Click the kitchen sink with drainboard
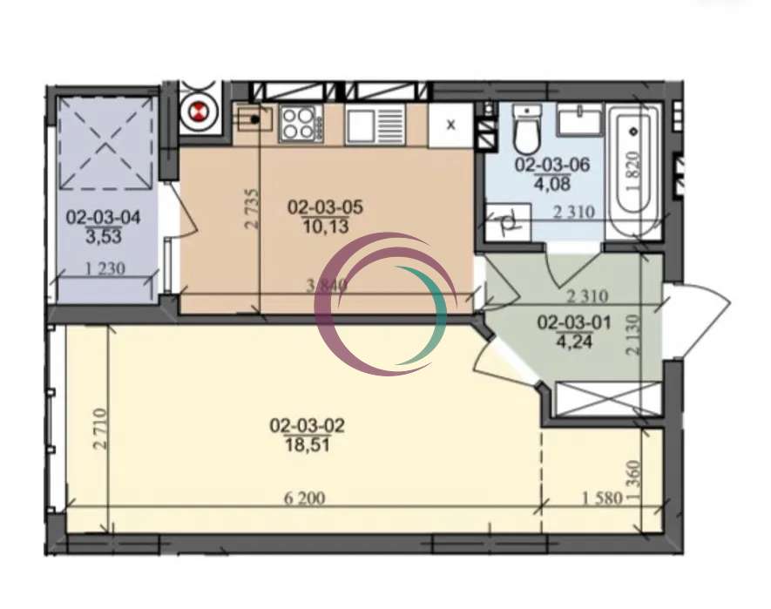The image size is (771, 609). click(x=375, y=126)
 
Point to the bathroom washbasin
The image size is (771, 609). click(x=579, y=119)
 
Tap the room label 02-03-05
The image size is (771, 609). click(x=325, y=207)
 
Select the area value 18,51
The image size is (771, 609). click(x=307, y=445)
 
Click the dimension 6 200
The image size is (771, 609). click(x=304, y=498)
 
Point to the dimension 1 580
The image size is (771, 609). click(x=602, y=498)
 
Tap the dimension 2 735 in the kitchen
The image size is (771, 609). click(x=251, y=208)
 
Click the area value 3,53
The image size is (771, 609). click(x=104, y=237)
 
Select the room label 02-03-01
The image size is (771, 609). click(x=574, y=322)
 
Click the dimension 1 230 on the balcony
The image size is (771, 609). click(x=105, y=268)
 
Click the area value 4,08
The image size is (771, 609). click(x=552, y=185)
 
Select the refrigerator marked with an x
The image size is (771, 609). click(x=451, y=125)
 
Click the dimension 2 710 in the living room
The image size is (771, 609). click(x=100, y=429)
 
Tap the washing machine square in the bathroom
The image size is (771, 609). click(x=508, y=222)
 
